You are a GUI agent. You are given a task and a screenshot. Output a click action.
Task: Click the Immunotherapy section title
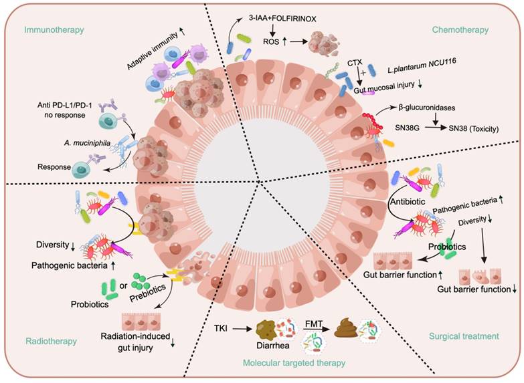click(51, 30)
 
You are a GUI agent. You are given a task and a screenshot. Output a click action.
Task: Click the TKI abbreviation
click(224, 328)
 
